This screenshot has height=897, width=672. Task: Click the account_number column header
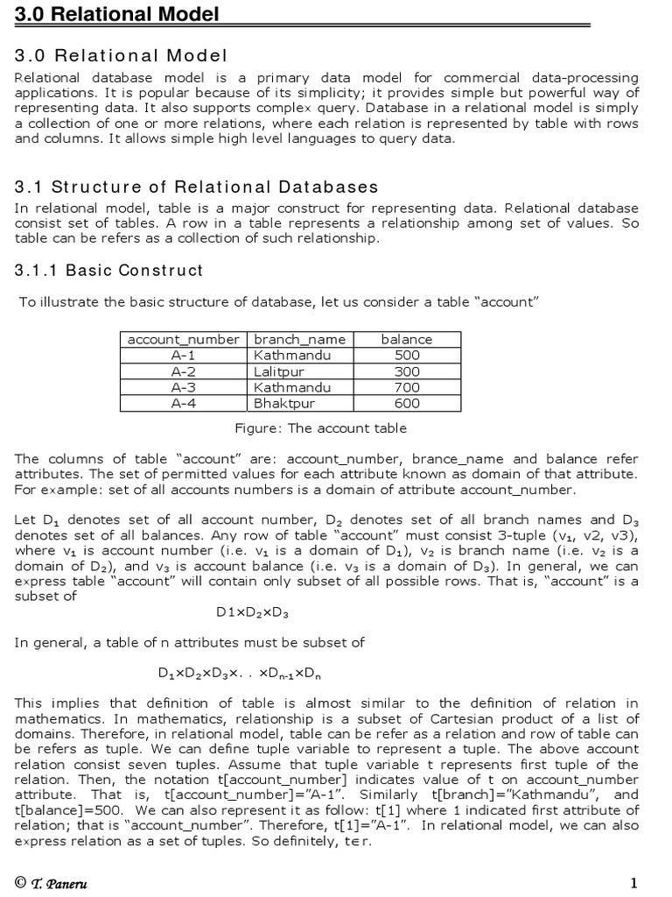coord(184,339)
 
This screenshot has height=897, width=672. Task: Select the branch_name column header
coord(299,339)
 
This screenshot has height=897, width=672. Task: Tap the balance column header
coord(407,339)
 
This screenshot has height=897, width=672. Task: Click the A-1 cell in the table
coord(184,356)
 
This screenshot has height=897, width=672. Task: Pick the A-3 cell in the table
coord(184,387)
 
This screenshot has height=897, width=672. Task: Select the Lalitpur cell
coord(277,371)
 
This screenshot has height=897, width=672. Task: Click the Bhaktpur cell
coord(284,404)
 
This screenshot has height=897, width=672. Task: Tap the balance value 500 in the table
coord(407,356)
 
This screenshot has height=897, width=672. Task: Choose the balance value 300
coord(407,371)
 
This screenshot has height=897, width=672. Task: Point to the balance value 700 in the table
coord(407,387)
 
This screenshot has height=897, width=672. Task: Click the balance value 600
coord(407,404)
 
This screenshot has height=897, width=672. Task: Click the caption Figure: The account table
coord(320,428)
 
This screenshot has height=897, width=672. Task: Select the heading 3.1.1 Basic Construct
coord(108,270)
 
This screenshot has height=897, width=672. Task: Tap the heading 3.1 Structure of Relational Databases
coord(197,187)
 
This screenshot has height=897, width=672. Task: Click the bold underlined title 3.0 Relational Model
coord(117,14)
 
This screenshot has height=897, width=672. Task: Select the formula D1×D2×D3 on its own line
coord(252,611)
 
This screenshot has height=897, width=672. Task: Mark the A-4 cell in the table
coord(184,404)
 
